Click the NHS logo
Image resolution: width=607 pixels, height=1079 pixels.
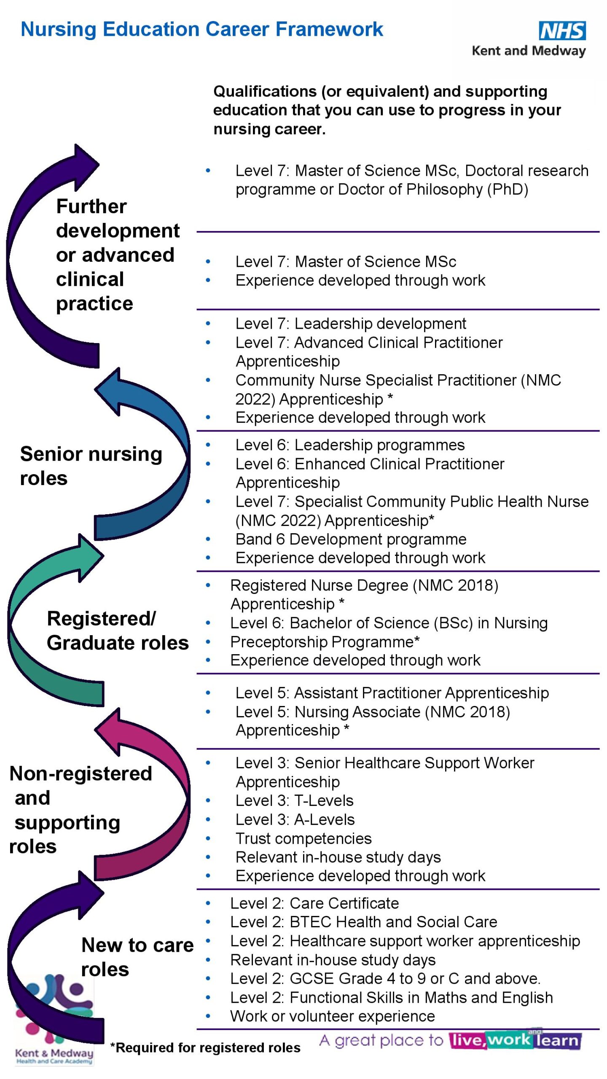(562, 31)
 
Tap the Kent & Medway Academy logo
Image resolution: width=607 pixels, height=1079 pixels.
(54, 1020)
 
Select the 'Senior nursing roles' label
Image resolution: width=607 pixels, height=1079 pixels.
(91, 465)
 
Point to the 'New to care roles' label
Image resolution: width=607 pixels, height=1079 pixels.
(137, 957)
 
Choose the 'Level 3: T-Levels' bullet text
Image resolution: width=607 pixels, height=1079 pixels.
(294, 800)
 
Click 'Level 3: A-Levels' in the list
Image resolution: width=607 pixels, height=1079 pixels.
(295, 819)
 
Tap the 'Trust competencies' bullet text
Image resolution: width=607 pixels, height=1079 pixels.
(303, 838)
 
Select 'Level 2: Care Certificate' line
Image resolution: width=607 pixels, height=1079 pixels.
(314, 903)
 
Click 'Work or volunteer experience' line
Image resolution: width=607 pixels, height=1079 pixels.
(332, 1016)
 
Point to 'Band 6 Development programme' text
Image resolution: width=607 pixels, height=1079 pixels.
(351, 539)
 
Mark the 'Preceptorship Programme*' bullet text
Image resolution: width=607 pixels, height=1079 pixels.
(325, 641)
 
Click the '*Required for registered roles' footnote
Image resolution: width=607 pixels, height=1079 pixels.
(205, 1048)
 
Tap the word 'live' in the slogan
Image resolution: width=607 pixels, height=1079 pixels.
(466, 1040)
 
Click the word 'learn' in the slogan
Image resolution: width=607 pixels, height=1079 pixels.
(557, 1041)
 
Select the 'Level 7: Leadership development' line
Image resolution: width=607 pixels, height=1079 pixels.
(351, 324)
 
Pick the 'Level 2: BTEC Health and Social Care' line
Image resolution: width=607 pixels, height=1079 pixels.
(363, 922)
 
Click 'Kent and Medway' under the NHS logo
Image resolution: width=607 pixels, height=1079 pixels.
(529, 51)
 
